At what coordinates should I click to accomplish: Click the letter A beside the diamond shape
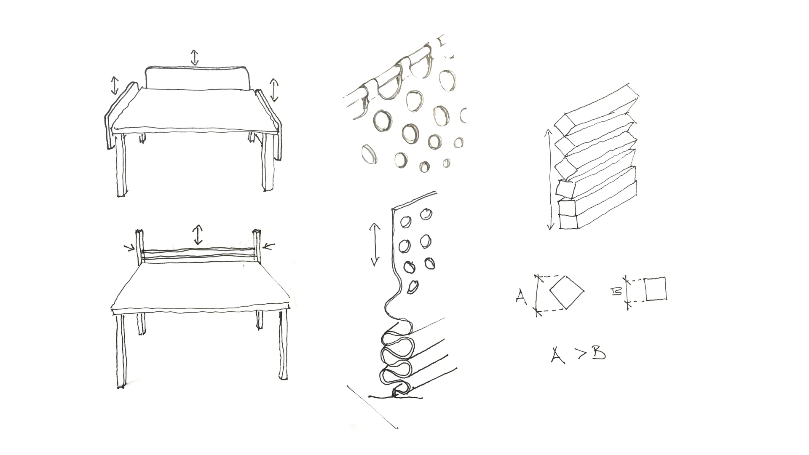521,297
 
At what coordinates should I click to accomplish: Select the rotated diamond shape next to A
567,292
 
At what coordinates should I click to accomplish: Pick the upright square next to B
656,289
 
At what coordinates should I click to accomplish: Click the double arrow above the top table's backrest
194,57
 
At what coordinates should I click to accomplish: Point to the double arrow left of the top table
115,86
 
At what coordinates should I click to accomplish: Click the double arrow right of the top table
274,90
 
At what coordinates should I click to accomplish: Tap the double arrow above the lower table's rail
198,235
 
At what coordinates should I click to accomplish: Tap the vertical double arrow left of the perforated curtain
375,245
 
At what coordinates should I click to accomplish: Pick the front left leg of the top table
121,165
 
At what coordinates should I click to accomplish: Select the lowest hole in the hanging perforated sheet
413,287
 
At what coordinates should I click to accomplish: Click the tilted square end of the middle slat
565,188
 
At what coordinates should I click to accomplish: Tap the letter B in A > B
599,353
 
